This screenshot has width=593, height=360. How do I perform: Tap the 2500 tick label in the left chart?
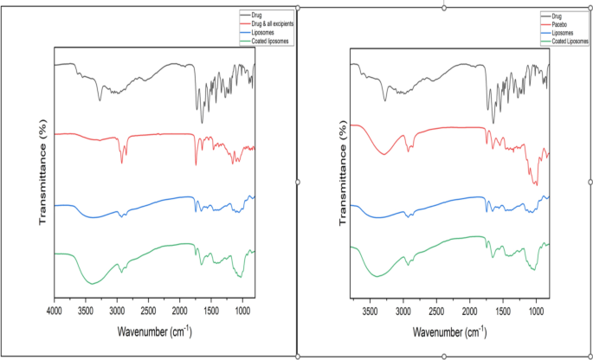pyautogui.click(x=148, y=309)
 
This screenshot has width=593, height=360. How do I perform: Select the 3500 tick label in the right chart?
pyautogui.click(x=371, y=309)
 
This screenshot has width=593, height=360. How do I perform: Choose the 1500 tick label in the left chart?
pyautogui.click(x=210, y=309)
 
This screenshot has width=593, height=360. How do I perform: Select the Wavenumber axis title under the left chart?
pyautogui.click(x=154, y=329)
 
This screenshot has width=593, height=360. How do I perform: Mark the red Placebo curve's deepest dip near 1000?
pyautogui.click(x=537, y=184)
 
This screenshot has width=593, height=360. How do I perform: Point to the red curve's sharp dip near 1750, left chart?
pyautogui.click(x=196, y=164)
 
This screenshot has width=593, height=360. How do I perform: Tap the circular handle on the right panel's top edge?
pyautogui.click(x=444, y=7)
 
